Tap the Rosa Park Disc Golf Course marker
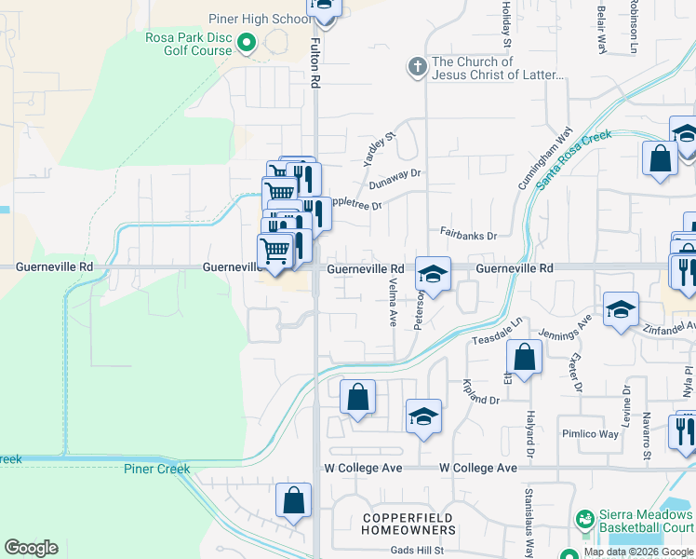[x=247, y=42]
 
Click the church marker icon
[x=417, y=67]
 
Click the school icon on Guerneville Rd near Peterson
[x=433, y=274]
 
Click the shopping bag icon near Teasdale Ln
[x=525, y=357]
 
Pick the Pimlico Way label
[x=590, y=434]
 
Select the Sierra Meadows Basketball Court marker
[x=584, y=517]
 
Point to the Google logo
[x=31, y=548]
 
